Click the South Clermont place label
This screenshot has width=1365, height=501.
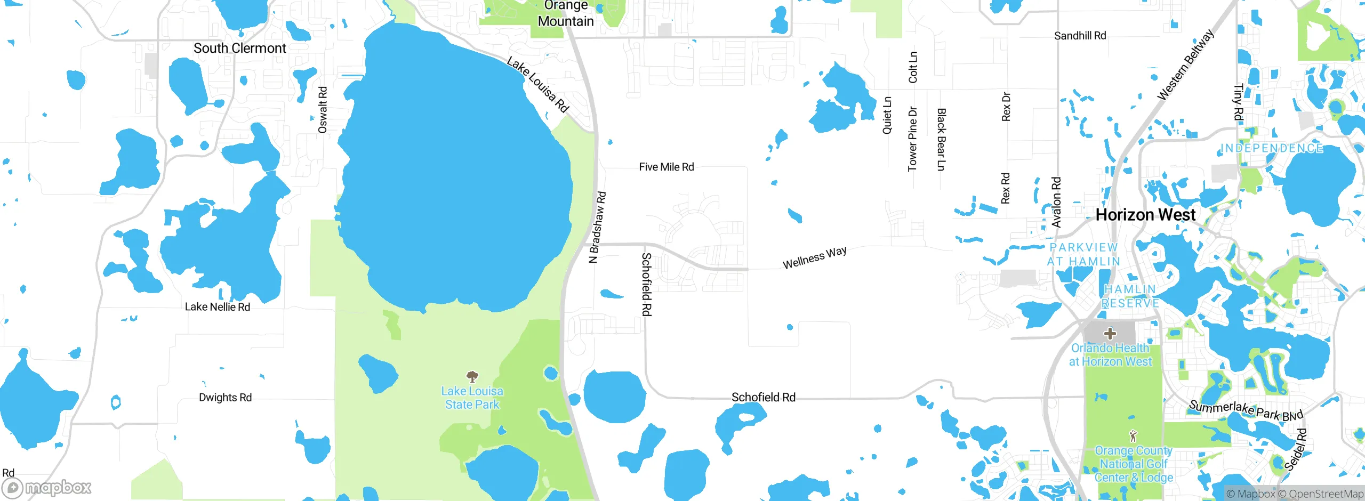pyautogui.click(x=239, y=49)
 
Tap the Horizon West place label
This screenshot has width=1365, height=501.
pyautogui.click(x=1145, y=215)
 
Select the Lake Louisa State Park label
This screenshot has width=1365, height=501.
pyautogui.click(x=472, y=398)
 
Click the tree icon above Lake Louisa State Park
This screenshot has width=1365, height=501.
pyautogui.click(x=472, y=377)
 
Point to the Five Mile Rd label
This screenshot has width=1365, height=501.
pyautogui.click(x=666, y=167)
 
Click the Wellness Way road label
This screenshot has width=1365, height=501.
pyautogui.click(x=814, y=257)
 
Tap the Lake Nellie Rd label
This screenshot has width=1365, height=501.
pyautogui.click(x=217, y=307)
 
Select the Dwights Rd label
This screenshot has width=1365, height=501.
pyautogui.click(x=225, y=398)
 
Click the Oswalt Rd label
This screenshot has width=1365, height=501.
pyautogui.click(x=323, y=110)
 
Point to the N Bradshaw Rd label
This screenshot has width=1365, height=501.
pyautogui.click(x=597, y=227)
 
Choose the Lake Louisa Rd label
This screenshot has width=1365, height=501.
pyautogui.click(x=538, y=85)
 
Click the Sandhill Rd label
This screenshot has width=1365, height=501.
pyautogui.click(x=1080, y=36)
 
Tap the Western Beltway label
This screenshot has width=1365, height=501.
pyautogui.click(x=1185, y=65)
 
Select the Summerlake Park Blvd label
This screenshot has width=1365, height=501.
pyautogui.click(x=1246, y=410)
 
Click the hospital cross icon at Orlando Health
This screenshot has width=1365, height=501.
pyautogui.click(x=1110, y=334)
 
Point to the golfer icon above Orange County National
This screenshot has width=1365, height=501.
pyautogui.click(x=1133, y=436)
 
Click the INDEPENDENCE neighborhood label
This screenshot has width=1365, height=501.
pyautogui.click(x=1272, y=148)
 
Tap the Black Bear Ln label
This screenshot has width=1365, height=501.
pyautogui.click(x=941, y=140)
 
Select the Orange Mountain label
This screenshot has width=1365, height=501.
pyautogui.click(x=566, y=14)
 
